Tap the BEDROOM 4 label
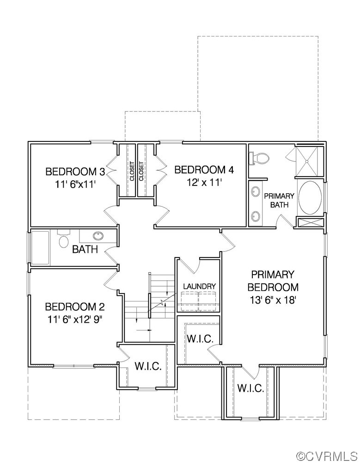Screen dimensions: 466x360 pyautogui.click(x=204, y=170)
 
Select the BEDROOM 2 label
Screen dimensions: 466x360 pyautogui.click(x=74, y=307)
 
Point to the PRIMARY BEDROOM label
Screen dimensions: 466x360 pyautogui.click(x=273, y=281)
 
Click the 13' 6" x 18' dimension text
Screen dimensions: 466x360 pyautogui.click(x=273, y=300)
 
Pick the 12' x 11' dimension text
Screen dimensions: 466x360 pyautogui.click(x=204, y=182)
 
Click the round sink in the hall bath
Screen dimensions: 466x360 pyautogui.click(x=98, y=236)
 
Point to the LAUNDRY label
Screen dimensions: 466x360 pyautogui.click(x=199, y=287)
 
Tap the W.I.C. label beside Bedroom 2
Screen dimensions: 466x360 pyautogui.click(x=148, y=367)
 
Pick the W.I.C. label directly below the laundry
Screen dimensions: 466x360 pyautogui.click(x=200, y=338)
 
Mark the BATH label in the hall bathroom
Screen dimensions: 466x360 pyautogui.click(x=85, y=250)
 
